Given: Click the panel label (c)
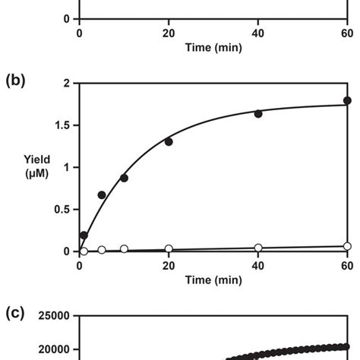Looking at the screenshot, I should point(14,314).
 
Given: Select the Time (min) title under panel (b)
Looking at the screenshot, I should point(213,280).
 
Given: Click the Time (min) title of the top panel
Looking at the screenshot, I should point(213,47).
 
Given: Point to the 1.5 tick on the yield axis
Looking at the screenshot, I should point(62,125).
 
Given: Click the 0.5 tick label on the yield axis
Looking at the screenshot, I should point(62,210).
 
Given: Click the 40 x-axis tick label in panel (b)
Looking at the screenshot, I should point(258,265).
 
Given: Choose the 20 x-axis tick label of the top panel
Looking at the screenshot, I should point(169,33).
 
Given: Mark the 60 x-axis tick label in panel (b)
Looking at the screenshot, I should point(347,265).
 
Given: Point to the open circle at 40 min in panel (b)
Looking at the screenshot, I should point(258,248).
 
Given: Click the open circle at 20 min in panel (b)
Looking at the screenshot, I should point(169,248).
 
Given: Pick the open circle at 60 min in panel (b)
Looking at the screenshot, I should point(347,246).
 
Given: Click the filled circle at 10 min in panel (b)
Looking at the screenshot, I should point(124,178).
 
